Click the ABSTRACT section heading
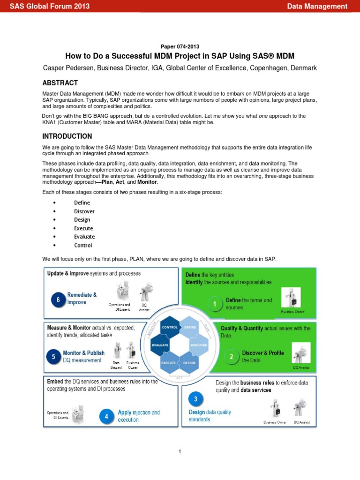pos(60,83)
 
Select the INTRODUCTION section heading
pos(67,136)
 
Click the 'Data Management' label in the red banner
pos(317,6)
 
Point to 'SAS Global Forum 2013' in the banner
pos(50,6)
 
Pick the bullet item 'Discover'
pos(84,211)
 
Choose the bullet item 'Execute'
pos(83,228)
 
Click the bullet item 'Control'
pos(83,245)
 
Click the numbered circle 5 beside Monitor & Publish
pos(53,357)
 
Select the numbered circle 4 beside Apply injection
pos(107,416)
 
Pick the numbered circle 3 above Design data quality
pos(195,399)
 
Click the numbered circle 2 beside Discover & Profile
pos(231,356)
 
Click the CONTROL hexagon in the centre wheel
pos(169,327)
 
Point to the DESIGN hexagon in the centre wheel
pos(189,363)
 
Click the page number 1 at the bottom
pos(180,451)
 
